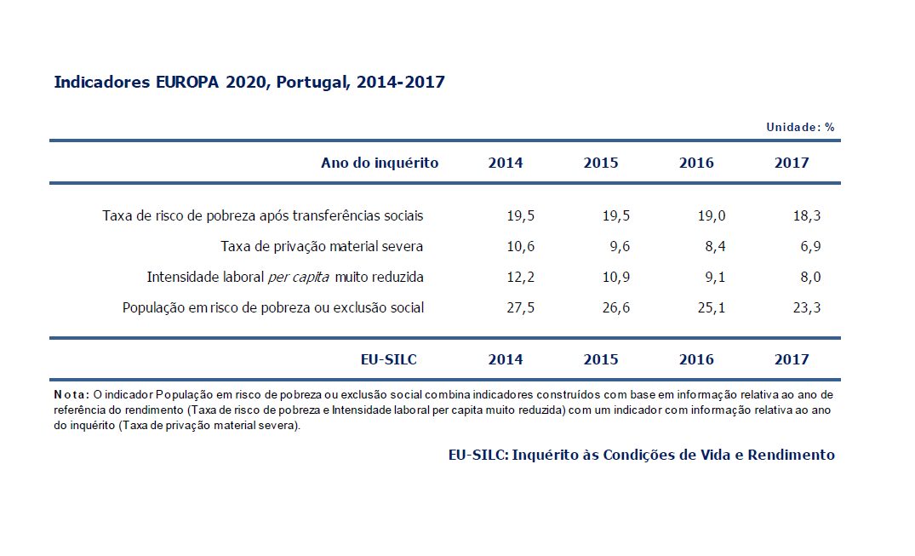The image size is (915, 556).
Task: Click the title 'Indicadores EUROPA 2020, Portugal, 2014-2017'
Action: (249, 83)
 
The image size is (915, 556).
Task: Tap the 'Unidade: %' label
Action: (800, 128)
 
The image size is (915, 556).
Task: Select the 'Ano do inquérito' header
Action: (380, 163)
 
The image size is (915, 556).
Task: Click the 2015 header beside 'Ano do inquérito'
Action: (601, 163)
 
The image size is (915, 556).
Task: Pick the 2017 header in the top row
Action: (792, 163)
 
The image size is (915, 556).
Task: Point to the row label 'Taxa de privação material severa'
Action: (322, 247)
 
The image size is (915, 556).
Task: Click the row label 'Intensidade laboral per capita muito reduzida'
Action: (285, 278)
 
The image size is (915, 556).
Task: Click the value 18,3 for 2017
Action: (806, 216)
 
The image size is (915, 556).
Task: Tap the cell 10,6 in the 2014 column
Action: (520, 247)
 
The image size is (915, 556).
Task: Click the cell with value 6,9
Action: (809, 247)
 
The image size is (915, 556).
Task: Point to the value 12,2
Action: (520, 278)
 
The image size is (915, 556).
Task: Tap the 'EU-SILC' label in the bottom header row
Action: (389, 359)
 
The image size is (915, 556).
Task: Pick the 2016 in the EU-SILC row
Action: (696, 359)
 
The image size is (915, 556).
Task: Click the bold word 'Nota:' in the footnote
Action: (71, 395)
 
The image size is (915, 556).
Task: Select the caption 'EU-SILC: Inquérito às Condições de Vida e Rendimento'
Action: (641, 455)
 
